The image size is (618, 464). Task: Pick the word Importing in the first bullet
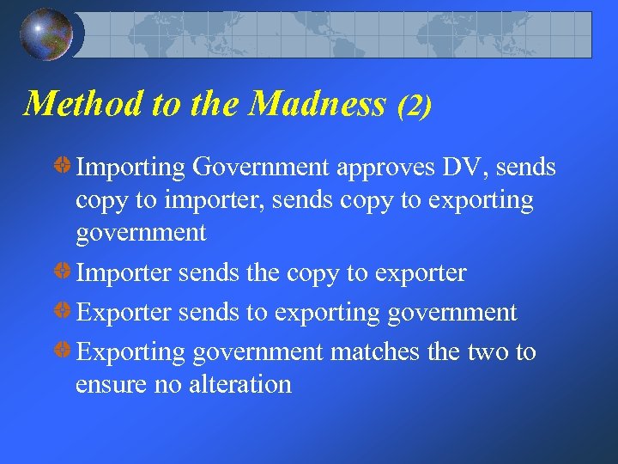(130, 168)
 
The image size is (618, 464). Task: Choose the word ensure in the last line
(104, 385)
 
